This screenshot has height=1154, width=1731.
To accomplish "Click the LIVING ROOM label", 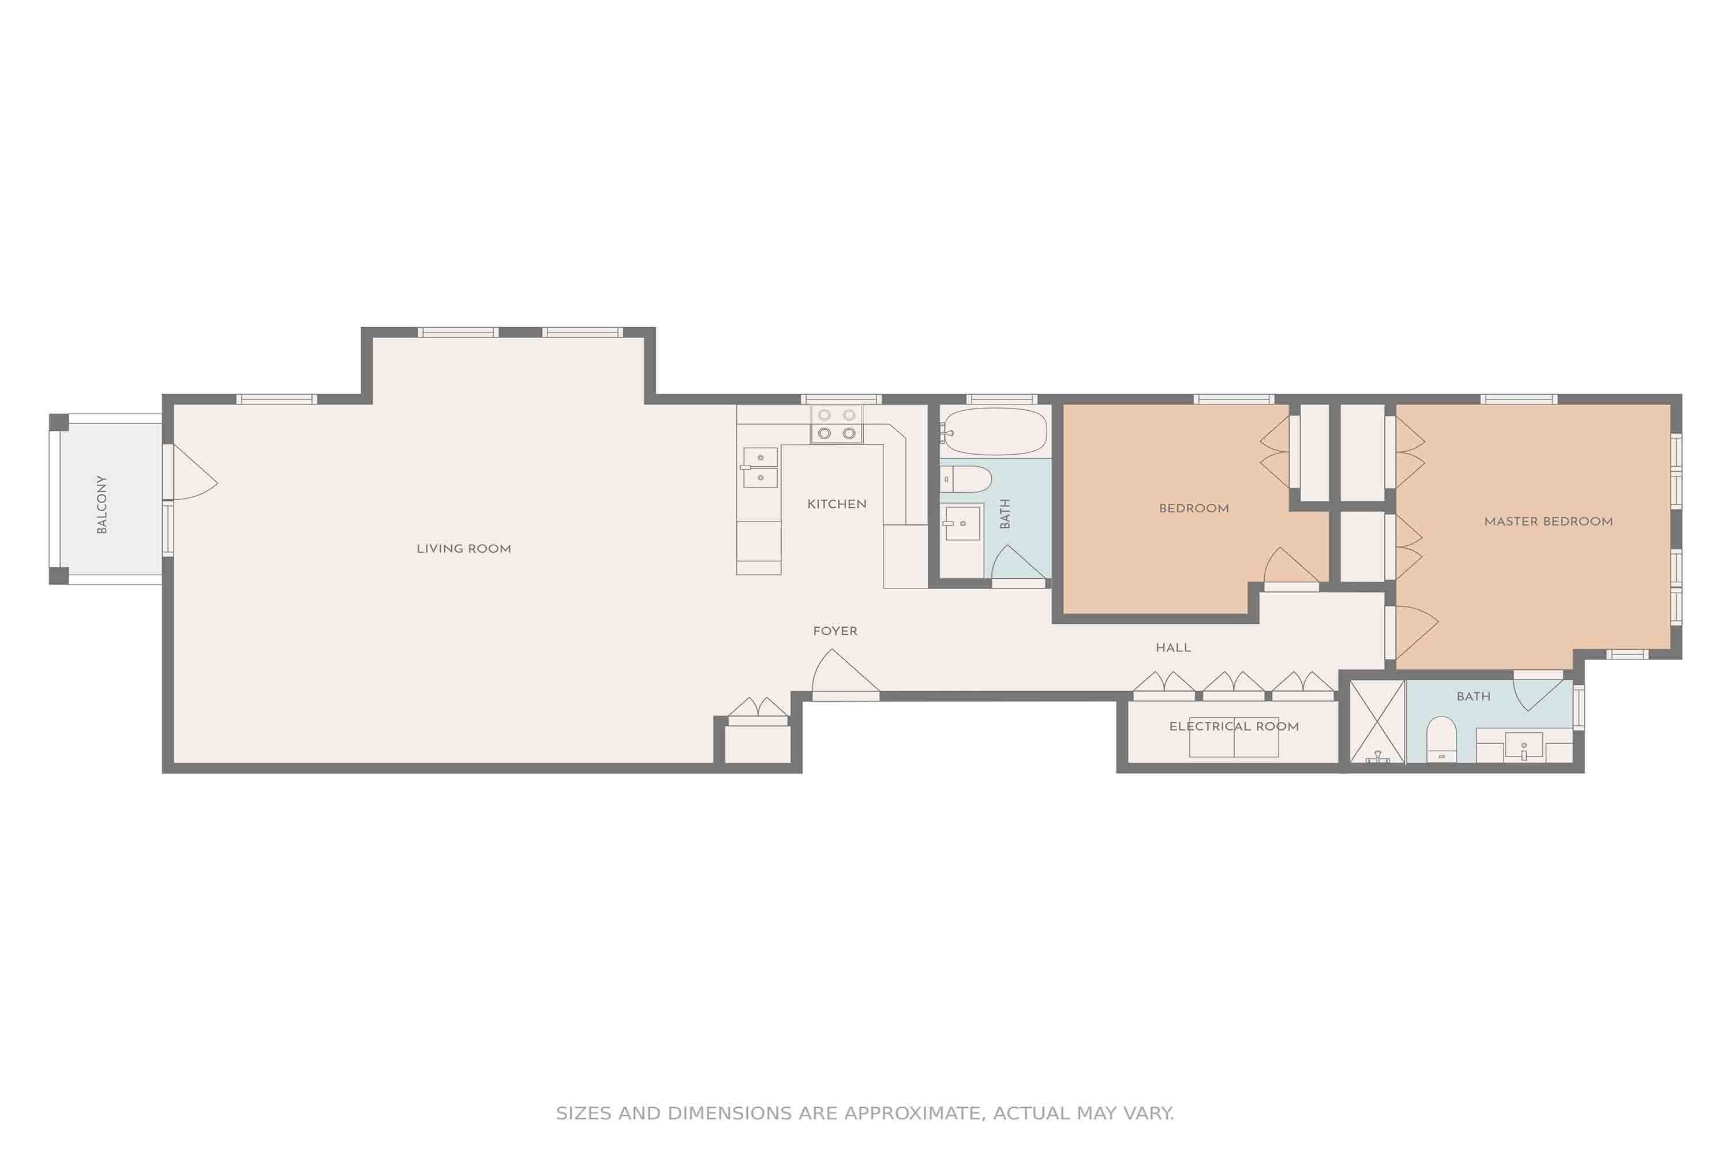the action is point(464,548).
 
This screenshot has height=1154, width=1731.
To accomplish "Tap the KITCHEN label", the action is point(837,504).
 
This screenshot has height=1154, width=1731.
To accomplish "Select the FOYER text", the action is point(835,631).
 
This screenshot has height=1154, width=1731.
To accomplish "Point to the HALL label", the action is point(1173,647).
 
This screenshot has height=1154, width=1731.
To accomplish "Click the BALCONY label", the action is point(102,504).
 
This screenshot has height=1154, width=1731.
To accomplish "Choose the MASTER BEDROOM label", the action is point(1549,521).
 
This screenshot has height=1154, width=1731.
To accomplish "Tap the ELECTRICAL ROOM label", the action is point(1234,726).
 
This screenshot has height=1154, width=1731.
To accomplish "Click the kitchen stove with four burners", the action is point(837,424).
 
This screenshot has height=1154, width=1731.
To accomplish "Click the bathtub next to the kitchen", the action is point(994,431).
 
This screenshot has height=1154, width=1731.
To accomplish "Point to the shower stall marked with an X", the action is point(1377,721).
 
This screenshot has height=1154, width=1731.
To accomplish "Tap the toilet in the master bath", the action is point(1441,740).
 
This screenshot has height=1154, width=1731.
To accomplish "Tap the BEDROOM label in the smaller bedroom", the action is point(1194,508).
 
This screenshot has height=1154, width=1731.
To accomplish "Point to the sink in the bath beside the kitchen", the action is point(962,523).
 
